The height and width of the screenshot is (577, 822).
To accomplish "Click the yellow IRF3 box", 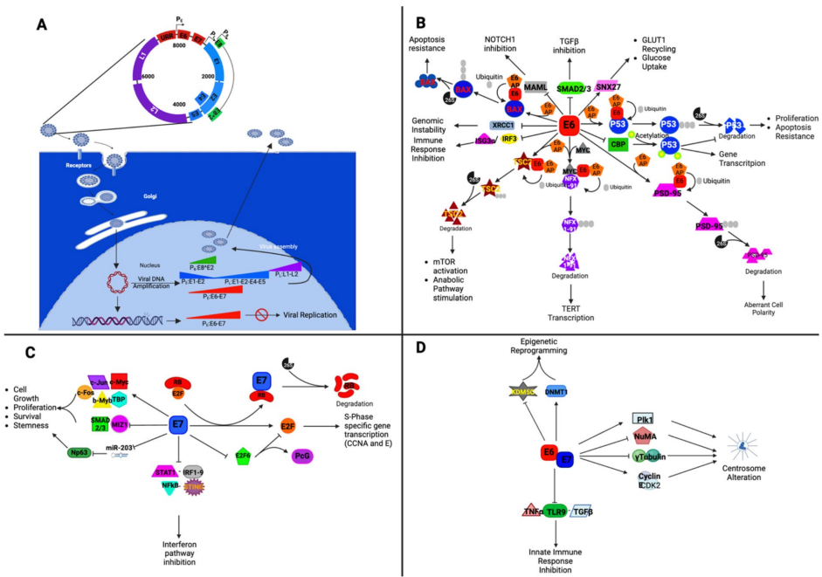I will pos(509,139).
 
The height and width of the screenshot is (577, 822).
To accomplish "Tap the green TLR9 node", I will pos(554,512).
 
